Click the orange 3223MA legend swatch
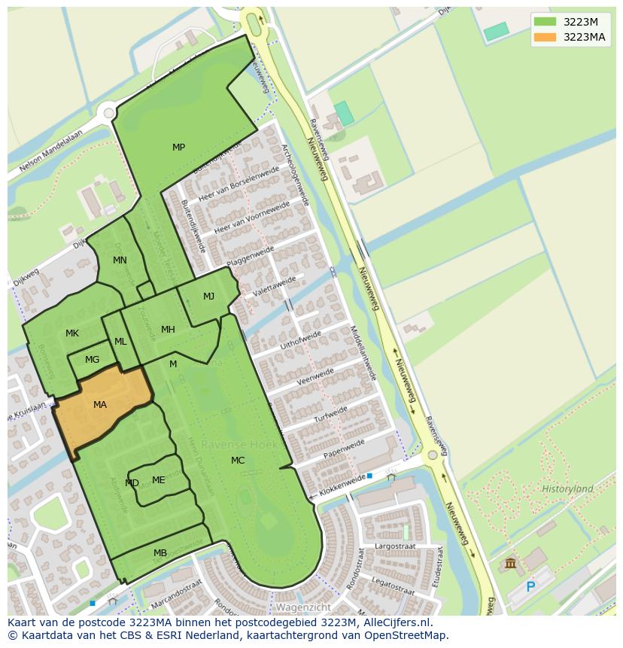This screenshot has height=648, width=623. click(x=546, y=37)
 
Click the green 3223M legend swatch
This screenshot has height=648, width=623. click(x=546, y=21)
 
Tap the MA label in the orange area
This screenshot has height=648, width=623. click(x=100, y=405)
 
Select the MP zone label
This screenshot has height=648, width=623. click(x=178, y=148)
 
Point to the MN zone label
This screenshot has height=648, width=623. click(x=120, y=260)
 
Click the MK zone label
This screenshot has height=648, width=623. click(x=72, y=333)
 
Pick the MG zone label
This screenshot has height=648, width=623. click(x=92, y=360)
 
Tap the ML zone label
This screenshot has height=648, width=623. click(x=120, y=342)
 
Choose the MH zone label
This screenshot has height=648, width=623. click(x=168, y=330)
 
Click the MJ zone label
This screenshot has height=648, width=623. click(x=208, y=297)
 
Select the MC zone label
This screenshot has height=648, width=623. click(x=238, y=461)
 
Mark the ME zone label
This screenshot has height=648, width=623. click(x=158, y=480)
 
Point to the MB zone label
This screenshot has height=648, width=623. click(x=160, y=553)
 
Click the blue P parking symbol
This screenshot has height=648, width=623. click(x=530, y=587)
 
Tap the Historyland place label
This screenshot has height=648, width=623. click(x=567, y=489)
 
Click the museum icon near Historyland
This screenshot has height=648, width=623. click(x=511, y=563)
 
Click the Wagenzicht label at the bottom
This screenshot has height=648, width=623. click(x=303, y=607)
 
